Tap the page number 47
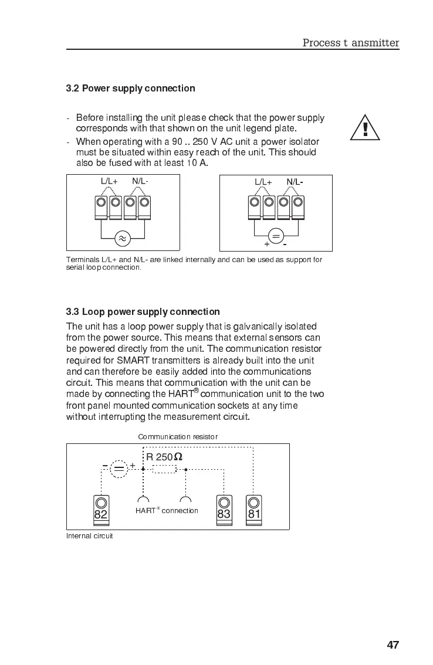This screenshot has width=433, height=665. click(x=393, y=645)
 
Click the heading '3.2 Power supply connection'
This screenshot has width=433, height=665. click(x=130, y=89)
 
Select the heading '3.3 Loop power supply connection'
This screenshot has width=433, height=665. click(x=143, y=312)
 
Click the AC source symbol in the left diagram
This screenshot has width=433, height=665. click(x=123, y=238)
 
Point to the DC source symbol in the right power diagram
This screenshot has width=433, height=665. click(x=276, y=237)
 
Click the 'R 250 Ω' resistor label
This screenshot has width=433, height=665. click(x=164, y=457)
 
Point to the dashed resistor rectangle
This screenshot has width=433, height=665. click(x=164, y=469)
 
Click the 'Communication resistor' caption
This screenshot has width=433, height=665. click(x=178, y=437)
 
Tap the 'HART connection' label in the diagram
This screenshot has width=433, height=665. click(x=167, y=511)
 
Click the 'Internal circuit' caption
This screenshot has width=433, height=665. click(x=89, y=536)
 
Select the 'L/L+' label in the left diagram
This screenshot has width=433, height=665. click(x=109, y=181)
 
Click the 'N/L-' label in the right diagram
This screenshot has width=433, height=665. click(x=295, y=182)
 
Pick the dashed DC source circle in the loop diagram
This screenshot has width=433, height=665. click(x=119, y=468)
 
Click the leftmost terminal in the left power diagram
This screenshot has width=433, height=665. click(x=101, y=208)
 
